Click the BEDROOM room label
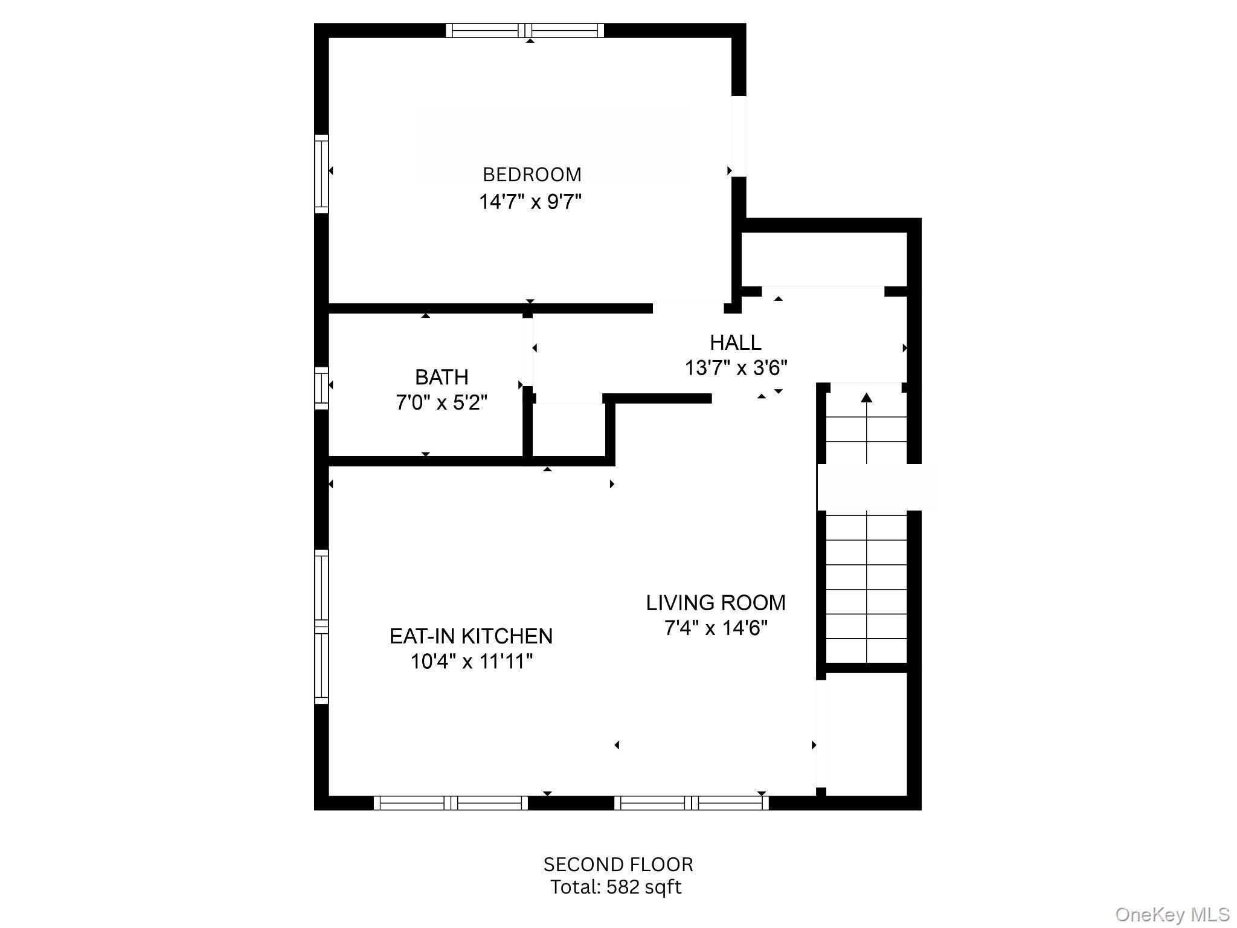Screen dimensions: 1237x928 click(532, 175)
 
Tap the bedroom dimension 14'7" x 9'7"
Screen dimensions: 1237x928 click(530, 201)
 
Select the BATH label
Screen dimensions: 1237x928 click(442, 377)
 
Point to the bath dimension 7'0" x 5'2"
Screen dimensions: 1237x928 click(442, 402)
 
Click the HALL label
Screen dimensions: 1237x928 click(735, 343)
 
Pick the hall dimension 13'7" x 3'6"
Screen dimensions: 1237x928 click(736, 368)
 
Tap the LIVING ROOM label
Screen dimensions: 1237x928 click(716, 603)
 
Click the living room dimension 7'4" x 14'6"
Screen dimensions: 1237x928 click(716, 628)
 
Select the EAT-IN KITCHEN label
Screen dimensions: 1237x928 click(471, 636)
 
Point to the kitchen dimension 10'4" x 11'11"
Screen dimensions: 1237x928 click(472, 662)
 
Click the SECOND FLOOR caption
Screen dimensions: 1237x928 click(618, 865)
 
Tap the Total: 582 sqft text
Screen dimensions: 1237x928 click(615, 887)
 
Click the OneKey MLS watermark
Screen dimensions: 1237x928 click(1172, 914)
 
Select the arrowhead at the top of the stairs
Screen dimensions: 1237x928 click(867, 397)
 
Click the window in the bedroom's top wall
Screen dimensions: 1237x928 click(525, 30)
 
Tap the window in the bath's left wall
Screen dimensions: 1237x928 click(321, 387)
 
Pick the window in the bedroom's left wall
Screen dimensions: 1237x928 click(321, 174)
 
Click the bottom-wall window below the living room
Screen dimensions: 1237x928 click(691, 803)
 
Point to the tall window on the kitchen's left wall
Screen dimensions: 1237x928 click(321, 627)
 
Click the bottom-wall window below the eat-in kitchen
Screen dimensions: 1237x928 click(451, 803)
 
